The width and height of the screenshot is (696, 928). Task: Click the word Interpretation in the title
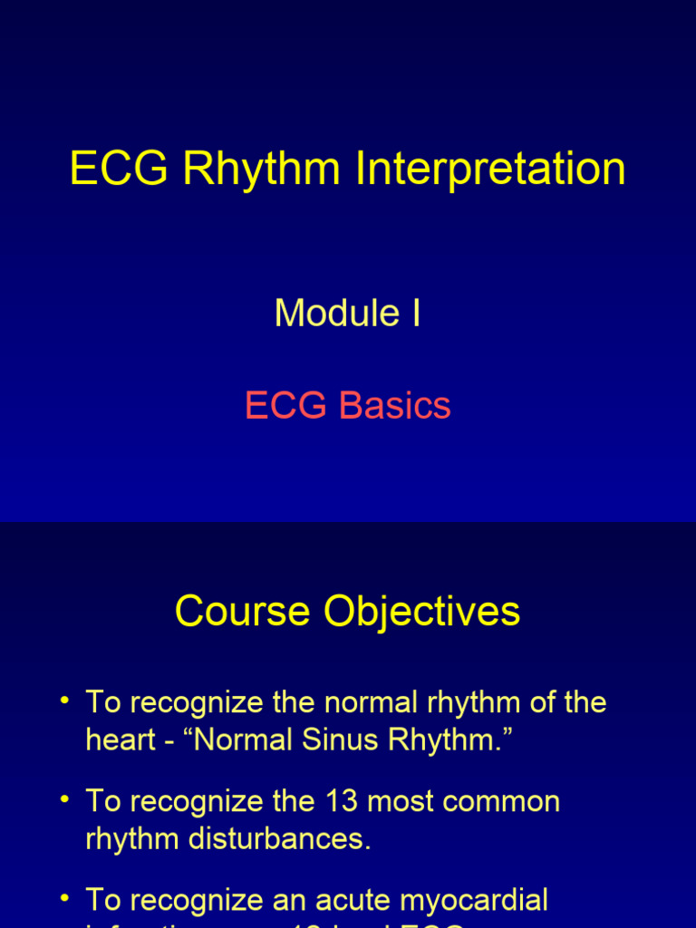pyautogui.click(x=490, y=169)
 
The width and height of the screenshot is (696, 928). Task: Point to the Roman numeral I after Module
pyautogui.click(x=416, y=314)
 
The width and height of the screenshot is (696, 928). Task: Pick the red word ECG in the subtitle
pyautogui.click(x=285, y=405)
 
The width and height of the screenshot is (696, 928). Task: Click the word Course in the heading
pyautogui.click(x=243, y=611)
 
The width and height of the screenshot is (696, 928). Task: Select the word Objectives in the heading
pyautogui.click(x=421, y=611)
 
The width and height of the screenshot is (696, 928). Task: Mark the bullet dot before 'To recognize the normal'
pyautogui.click(x=64, y=701)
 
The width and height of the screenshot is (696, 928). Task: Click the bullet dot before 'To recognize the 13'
pyautogui.click(x=64, y=799)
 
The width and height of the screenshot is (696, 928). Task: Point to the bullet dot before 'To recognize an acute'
pyautogui.click(x=64, y=898)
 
